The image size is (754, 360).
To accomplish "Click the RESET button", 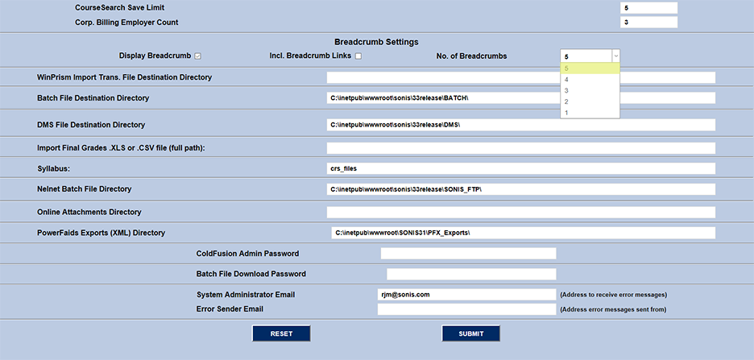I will (281, 333).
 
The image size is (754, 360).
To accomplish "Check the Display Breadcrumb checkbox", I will (197, 56).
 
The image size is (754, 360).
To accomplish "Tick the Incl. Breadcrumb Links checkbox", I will (358, 56).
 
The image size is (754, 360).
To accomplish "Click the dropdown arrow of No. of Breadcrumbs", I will (615, 56).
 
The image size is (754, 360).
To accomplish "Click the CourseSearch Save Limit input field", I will (648, 8).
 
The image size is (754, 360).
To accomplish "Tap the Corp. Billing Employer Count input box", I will (648, 22).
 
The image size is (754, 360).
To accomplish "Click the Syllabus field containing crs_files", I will (520, 168).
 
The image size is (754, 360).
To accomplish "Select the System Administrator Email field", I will (466, 295).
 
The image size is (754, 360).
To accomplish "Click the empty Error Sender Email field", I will (466, 309).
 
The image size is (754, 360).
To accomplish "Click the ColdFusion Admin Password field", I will (468, 254).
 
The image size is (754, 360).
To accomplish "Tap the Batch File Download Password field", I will (471, 274).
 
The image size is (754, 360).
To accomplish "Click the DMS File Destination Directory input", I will (520, 125).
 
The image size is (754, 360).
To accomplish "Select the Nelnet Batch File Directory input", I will (520, 189).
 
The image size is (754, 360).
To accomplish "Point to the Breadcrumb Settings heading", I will (376, 42).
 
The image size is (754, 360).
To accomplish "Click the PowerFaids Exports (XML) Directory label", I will (101, 233).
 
